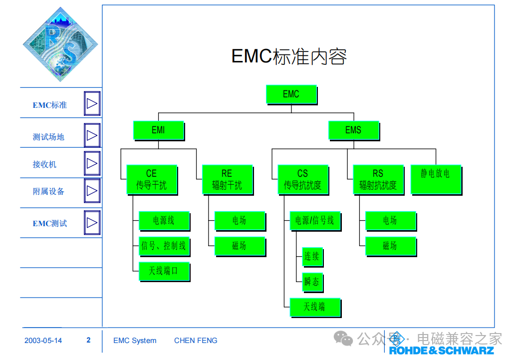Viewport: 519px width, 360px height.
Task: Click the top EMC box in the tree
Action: (291, 95)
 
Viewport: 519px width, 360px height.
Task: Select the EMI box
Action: (159, 130)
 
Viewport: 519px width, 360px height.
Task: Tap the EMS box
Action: (354, 130)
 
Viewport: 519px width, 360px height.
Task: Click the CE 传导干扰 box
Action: (152, 180)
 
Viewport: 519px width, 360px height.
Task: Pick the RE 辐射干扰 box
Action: (228, 180)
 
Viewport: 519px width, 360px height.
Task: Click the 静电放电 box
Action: (436, 180)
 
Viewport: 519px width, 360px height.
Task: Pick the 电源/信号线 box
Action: (315, 221)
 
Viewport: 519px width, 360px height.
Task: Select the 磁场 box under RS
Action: (391, 246)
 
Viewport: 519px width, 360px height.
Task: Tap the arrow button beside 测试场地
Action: (92, 135)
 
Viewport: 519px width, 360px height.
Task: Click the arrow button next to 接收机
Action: (92, 163)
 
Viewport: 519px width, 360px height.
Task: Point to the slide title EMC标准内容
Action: (289, 56)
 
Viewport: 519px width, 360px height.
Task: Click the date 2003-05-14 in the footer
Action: (43, 341)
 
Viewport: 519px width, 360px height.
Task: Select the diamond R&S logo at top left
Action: (60, 44)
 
